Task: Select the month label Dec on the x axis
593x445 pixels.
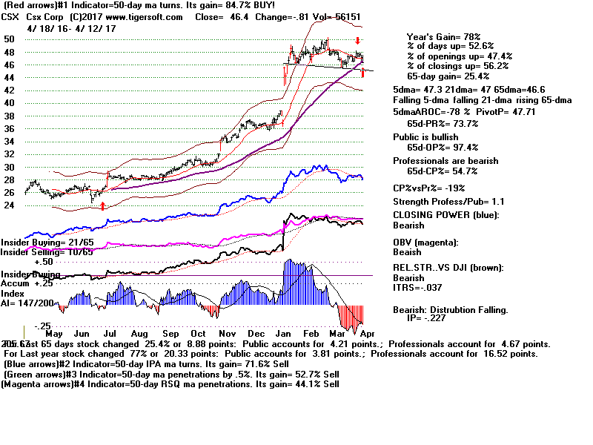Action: [x=262, y=334]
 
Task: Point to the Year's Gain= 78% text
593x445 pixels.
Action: [x=443, y=36]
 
